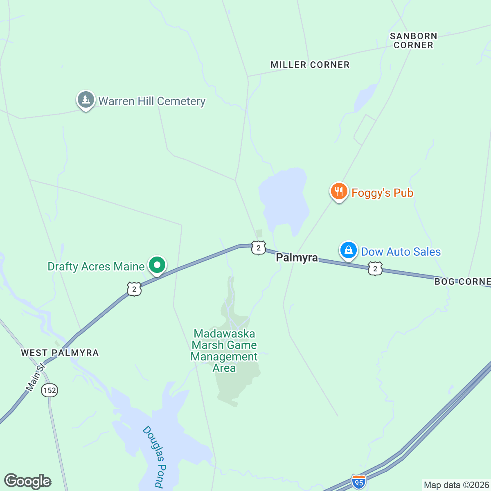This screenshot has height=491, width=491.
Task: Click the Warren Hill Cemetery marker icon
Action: click(86, 100)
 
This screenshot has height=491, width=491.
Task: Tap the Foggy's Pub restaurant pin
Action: click(339, 191)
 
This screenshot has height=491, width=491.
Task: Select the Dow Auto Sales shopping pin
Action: click(348, 250)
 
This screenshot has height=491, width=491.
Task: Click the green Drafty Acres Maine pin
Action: click(157, 265)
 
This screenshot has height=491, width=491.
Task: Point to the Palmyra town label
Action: click(297, 258)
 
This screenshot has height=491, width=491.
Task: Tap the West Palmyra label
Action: click(60, 353)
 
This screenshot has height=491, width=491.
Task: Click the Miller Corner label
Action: click(310, 65)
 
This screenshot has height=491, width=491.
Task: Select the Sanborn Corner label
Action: click(413, 41)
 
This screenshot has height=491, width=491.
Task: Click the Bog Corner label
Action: click(462, 282)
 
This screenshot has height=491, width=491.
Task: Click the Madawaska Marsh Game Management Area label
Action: click(224, 351)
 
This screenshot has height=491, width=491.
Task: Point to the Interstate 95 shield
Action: click(359, 482)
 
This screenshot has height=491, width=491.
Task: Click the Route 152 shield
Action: click(50, 390)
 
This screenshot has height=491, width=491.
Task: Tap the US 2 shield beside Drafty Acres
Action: click(134, 289)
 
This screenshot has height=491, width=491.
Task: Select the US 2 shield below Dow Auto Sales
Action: click(375, 269)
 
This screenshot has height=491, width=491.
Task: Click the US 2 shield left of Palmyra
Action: click(259, 248)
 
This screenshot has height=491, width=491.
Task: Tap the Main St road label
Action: click(35, 377)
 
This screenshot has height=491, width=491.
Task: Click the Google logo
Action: click(28, 481)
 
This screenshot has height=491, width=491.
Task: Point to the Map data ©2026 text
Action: click(456, 485)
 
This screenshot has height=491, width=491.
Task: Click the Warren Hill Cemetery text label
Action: click(152, 101)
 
